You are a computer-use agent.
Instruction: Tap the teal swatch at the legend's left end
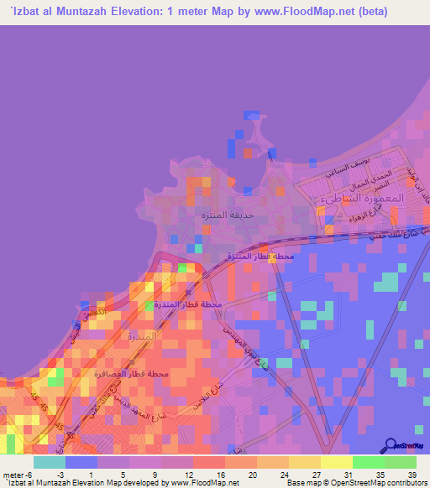point(49,462)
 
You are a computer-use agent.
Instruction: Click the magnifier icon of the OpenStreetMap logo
point(392,444)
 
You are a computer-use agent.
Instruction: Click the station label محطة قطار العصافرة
point(132,373)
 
